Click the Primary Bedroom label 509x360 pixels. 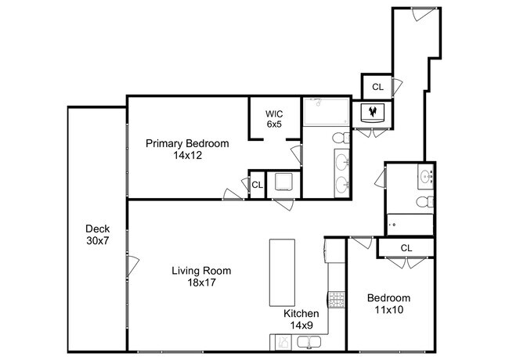187,143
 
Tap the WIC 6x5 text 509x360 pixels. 274,119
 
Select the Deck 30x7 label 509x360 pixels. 97,235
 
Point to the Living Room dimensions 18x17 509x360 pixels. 201,283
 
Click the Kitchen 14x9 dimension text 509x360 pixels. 301,325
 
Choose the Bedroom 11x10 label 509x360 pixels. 388,304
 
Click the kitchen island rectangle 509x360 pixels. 282,272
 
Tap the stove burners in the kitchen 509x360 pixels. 336,300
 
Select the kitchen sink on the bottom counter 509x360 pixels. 309,342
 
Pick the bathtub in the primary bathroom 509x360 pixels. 327,112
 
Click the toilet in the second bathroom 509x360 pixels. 425,201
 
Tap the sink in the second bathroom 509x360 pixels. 425,177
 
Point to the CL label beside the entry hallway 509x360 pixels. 377,87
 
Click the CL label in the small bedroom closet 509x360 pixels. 406,248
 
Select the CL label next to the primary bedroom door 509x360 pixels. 257,185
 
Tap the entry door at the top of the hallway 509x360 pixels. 424,13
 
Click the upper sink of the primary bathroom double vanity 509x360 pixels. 341,160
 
